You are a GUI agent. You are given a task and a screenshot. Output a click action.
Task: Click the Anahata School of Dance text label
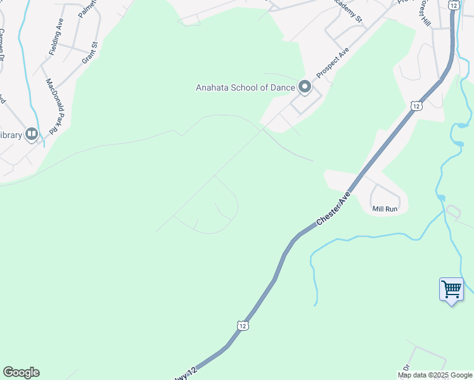[246, 87]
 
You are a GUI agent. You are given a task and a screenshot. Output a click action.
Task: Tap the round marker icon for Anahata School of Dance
[305, 87]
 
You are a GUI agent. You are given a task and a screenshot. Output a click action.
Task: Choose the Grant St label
[91, 53]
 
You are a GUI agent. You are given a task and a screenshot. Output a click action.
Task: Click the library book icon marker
[31, 134]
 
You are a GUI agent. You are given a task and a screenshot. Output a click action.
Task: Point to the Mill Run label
[385, 209]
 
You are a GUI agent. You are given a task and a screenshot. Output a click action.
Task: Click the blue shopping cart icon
[451, 289]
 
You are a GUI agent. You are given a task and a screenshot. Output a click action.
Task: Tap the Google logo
[21, 372]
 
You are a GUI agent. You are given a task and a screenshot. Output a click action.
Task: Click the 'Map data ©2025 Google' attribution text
[435, 375]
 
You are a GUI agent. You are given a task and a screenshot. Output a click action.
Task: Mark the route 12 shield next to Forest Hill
[453, 4]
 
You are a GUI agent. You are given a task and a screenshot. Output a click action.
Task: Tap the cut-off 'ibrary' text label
[11, 135]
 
